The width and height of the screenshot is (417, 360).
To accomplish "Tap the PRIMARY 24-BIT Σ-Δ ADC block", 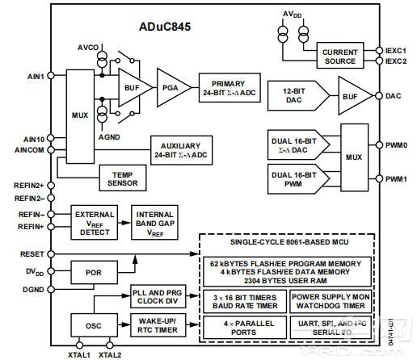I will pos(234,87).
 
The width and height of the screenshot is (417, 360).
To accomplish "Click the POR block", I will pos(94,272).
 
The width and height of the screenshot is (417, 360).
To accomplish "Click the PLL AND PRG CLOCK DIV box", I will pos(158,297).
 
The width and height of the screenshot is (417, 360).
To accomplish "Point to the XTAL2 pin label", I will pos(111,354).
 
